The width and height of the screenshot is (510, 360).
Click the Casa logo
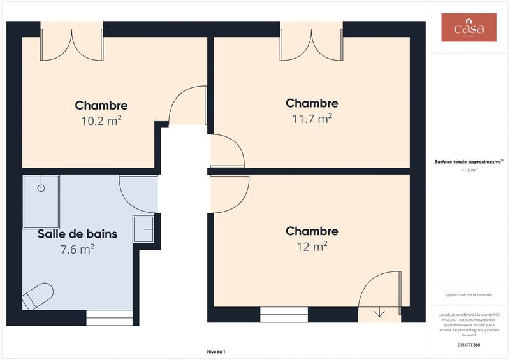click(469, 27)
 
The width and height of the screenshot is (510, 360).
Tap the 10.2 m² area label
click(101, 120)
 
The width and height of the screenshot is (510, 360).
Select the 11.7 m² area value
click(312, 118)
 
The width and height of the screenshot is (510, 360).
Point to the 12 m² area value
click(312, 246)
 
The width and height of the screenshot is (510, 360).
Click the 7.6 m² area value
click(77, 249)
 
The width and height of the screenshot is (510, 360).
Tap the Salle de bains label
click(77, 234)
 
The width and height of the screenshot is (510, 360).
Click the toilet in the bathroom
click(38, 296)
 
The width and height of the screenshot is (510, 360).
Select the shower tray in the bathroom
click(41, 201)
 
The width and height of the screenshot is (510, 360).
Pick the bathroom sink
click(143, 229)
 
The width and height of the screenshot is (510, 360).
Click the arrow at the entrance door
click(380, 312)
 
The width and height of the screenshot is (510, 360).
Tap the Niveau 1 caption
click(216, 352)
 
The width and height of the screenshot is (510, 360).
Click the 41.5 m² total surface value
click(469, 171)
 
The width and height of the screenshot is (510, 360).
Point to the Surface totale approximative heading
click(469, 162)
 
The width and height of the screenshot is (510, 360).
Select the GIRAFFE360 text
click(469, 345)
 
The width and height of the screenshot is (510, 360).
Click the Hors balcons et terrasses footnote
click(469, 294)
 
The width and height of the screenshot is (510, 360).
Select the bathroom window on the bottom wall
click(109, 317)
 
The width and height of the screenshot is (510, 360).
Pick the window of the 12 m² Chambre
click(284, 315)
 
